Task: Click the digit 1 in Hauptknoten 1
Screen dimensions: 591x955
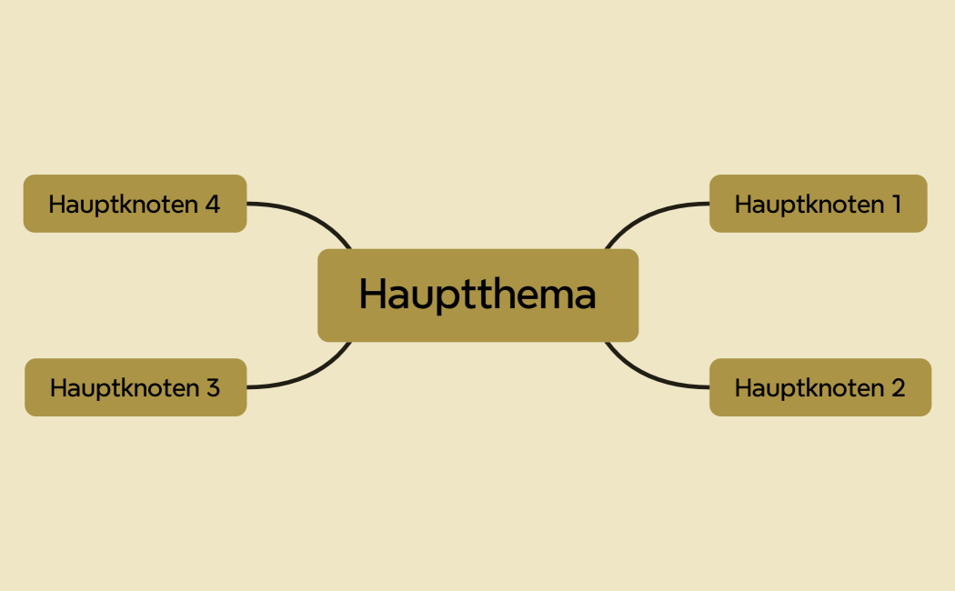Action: click(896, 205)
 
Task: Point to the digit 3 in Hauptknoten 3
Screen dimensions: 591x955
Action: click(212, 388)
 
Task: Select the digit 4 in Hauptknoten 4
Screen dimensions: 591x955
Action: click(212, 205)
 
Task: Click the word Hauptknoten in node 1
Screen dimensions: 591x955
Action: click(809, 205)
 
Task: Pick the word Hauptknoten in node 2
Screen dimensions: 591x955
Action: click(809, 388)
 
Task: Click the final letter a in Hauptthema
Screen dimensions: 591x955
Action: click(584, 296)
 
